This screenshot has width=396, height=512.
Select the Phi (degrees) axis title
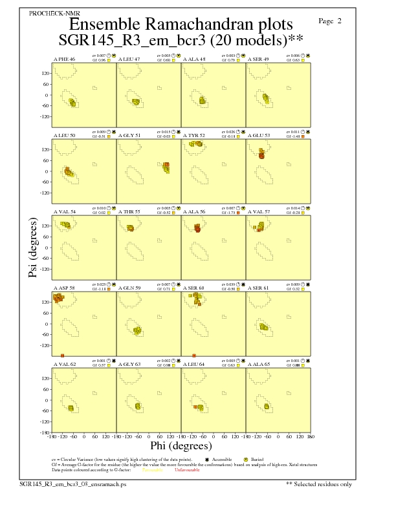click(181, 445)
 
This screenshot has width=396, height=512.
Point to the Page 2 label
click(331, 21)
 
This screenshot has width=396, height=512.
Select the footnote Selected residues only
click(319, 484)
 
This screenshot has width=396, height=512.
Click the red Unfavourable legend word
click(184, 470)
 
